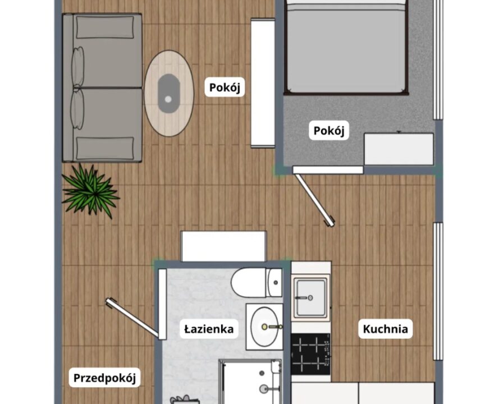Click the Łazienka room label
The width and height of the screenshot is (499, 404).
[209, 329]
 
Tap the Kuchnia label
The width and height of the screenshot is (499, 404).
[386, 329]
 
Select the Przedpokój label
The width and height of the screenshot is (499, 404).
[105, 378]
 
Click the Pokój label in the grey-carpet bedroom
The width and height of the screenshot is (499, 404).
[329, 130]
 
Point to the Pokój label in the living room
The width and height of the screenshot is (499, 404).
[225, 87]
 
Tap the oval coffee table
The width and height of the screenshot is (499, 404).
[169, 93]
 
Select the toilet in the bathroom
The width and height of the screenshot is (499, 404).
[257, 282]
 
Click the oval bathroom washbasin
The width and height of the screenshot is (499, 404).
[265, 327]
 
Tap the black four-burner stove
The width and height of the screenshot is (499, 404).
[310, 354]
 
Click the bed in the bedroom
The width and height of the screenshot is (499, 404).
[346, 47]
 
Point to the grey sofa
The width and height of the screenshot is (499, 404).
[102, 88]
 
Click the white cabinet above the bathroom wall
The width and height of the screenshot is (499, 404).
[223, 246]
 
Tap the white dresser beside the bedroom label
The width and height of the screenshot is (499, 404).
[399, 149]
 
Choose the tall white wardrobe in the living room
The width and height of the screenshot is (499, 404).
[263, 83]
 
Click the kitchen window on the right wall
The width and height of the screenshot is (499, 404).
[438, 291]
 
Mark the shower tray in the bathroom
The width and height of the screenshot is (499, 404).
[250, 382]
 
